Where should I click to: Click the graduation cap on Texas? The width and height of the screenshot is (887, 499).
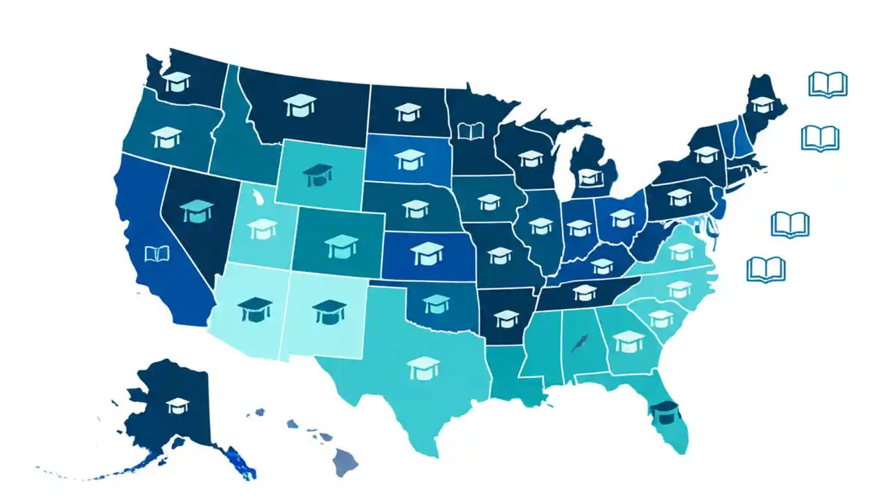[x=423, y=367]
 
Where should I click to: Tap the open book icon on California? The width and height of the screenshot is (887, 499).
[x=157, y=254]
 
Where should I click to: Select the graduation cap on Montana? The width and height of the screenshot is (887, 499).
[x=299, y=105]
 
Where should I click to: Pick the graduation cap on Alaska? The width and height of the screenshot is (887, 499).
[x=177, y=405]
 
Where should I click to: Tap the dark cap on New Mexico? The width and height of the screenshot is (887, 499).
[x=329, y=311]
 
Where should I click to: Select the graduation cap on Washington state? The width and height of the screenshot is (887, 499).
[x=177, y=81]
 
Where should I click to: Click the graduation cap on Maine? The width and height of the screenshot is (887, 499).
[x=762, y=104]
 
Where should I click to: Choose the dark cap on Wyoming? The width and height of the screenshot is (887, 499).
[x=317, y=174]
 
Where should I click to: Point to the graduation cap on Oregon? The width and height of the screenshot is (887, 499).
[x=167, y=137]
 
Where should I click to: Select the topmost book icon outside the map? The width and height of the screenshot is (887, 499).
[x=828, y=85]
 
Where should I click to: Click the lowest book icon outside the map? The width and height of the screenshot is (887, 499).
[x=766, y=269]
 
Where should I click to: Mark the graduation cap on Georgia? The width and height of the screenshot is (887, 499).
[x=629, y=341]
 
